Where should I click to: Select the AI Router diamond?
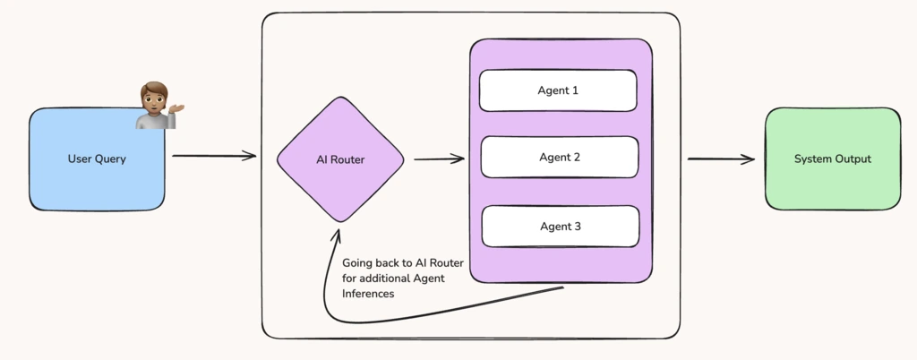pos(340,159)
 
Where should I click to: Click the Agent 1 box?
pos(558,90)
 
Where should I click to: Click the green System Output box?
pos(832,159)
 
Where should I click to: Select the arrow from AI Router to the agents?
pos(439,159)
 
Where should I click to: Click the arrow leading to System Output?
pos(721,159)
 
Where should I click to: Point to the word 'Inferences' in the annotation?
pos(368,294)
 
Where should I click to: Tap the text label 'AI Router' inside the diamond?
pos(340,159)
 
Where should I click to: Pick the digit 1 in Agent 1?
pos(575,90)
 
